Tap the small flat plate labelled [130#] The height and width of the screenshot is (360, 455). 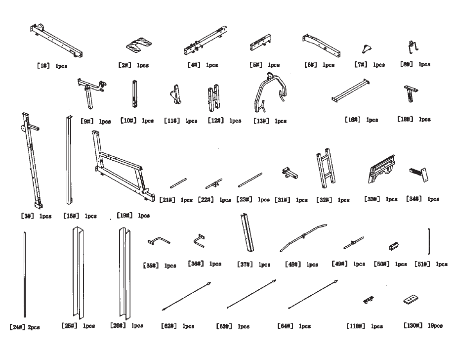click(411, 300)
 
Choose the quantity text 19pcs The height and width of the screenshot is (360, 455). click(435, 325)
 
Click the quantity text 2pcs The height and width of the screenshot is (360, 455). click(35, 327)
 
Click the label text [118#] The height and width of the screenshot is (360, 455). click(356, 326)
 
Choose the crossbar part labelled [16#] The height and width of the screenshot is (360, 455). click(351, 90)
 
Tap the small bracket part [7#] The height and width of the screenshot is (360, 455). click(366, 48)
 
